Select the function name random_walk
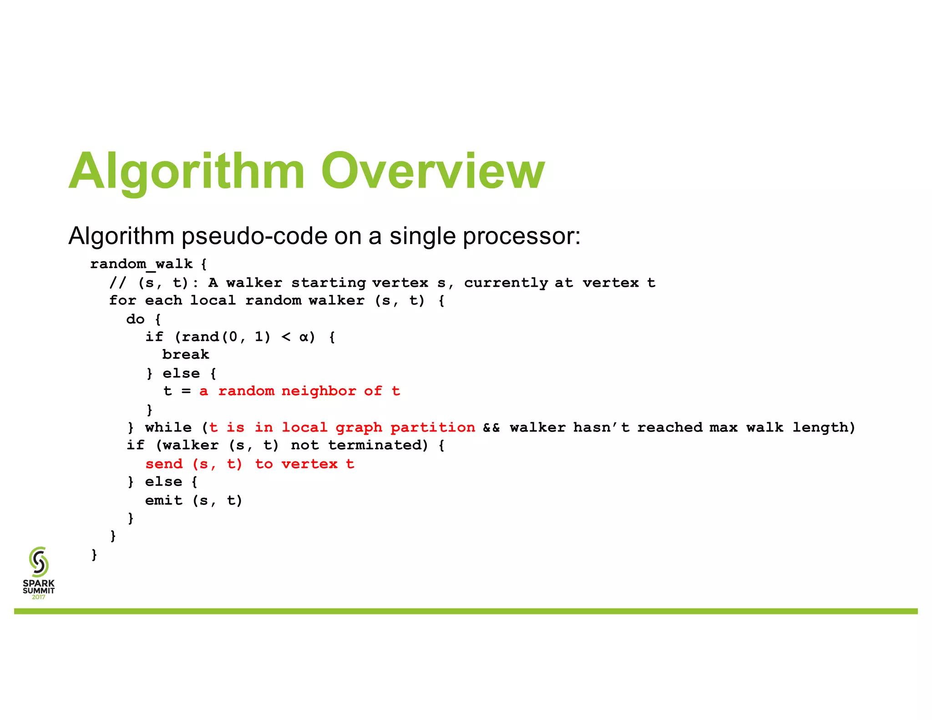coord(142,264)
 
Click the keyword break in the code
coord(186,355)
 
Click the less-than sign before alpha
coord(286,337)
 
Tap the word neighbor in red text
coord(319,391)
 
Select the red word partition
coord(432,427)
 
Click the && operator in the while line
coord(491,428)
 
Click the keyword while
coord(168,427)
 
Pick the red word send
coord(164,464)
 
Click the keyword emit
coord(164,500)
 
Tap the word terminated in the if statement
coord(378,445)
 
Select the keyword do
coord(135,319)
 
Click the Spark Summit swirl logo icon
coord(39,562)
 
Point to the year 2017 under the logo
coord(39,597)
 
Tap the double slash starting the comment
coord(117,283)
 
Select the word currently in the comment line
coord(506,283)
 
